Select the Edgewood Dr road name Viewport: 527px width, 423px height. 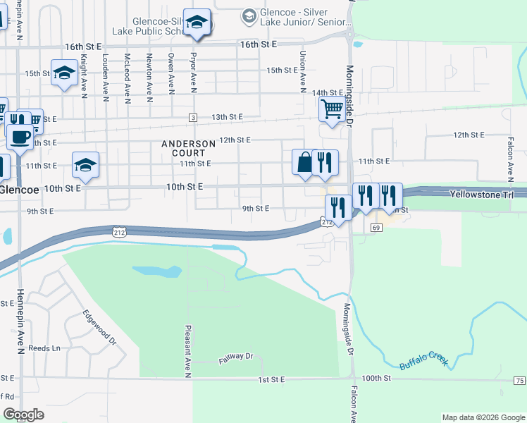pyautogui.click(x=99, y=328)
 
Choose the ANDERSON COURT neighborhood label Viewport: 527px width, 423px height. pyautogui.click(x=188, y=148)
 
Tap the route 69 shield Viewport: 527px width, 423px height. pyautogui.click(x=376, y=228)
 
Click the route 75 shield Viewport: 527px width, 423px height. pyautogui.click(x=519, y=381)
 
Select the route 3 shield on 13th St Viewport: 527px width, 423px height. pyautogui.click(x=192, y=117)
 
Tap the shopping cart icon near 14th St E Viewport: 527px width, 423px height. pyautogui.click(x=330, y=109)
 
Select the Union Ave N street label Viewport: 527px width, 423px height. pyautogui.click(x=302, y=71)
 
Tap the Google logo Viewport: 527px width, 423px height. pyautogui.click(x=24, y=415)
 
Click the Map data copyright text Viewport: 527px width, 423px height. pyautogui.click(x=483, y=417)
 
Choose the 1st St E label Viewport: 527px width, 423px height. pyautogui.click(x=271, y=379)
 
